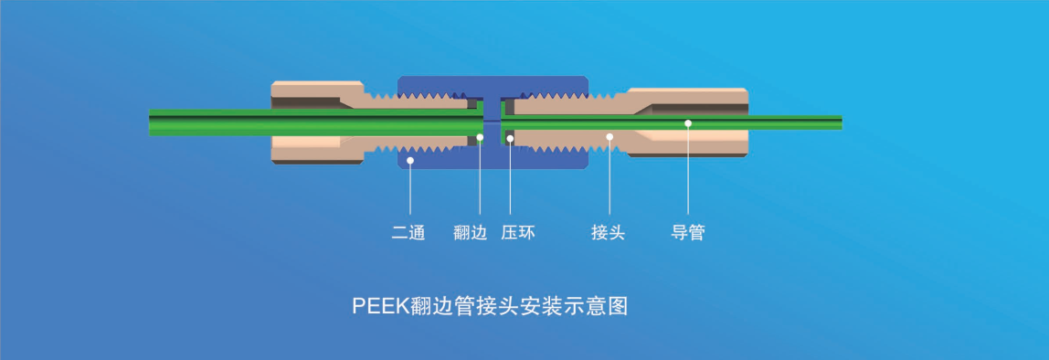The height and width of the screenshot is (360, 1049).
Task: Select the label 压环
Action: click(x=518, y=233)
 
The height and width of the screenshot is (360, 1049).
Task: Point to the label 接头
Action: click(x=608, y=233)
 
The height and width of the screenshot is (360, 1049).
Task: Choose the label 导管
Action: click(x=688, y=233)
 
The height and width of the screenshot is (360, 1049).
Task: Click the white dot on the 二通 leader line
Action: click(x=410, y=161)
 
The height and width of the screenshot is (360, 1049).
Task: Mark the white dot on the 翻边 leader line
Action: click(x=481, y=138)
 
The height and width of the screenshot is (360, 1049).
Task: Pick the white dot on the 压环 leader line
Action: click(x=510, y=138)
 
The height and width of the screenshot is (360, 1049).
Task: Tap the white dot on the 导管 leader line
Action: click(x=688, y=122)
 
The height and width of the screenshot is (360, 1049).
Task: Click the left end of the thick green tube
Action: click(x=153, y=122)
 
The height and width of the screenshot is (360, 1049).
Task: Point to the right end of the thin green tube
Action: click(x=838, y=122)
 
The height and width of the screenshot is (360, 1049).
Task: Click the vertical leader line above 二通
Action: click(x=410, y=192)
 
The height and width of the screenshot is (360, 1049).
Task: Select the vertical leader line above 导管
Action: click(x=688, y=174)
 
